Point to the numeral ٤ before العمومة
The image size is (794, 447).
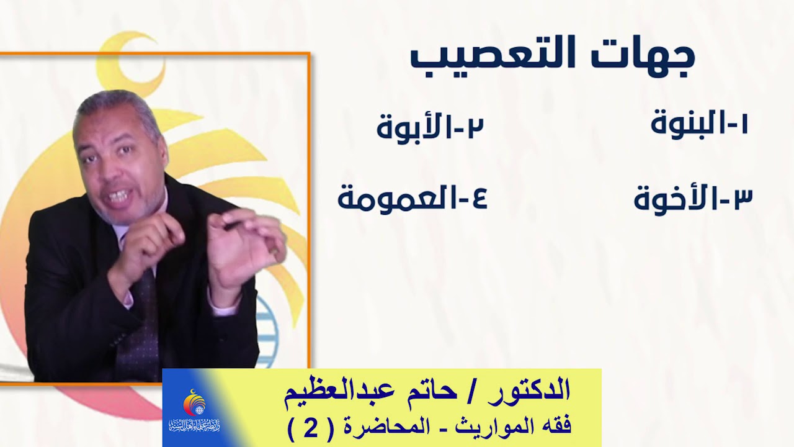point(477,199)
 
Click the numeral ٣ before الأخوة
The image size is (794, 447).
point(741,199)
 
